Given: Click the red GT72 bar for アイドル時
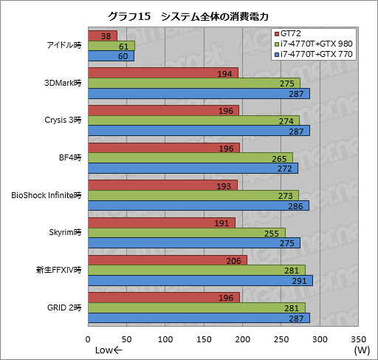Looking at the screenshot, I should [x=103, y=35].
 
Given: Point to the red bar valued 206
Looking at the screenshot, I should [x=168, y=260].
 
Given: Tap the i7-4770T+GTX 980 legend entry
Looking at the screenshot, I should [x=314, y=44].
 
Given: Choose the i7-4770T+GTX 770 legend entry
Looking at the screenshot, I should [x=314, y=55].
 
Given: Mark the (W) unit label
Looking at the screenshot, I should [x=361, y=350].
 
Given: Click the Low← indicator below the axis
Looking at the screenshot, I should [x=109, y=350].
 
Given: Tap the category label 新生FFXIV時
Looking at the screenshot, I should [x=58, y=270].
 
